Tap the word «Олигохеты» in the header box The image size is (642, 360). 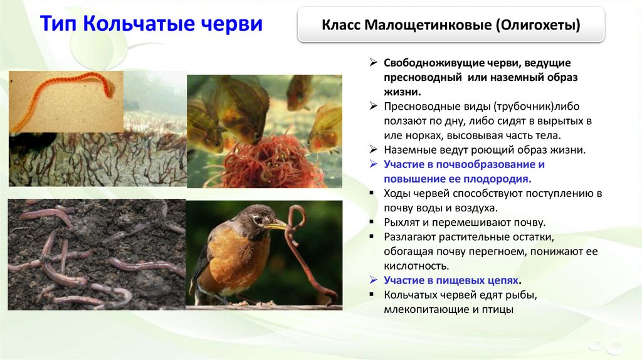click(x=538, y=25)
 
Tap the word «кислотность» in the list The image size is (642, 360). click(x=416, y=266)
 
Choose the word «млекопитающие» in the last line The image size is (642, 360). click(x=425, y=309)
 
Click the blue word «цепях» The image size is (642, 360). click(x=503, y=280)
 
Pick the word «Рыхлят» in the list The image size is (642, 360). click(x=403, y=223)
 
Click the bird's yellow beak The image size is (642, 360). click(x=277, y=225)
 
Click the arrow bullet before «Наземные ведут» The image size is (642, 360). click(x=373, y=149)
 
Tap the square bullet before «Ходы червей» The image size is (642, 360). click(x=372, y=193)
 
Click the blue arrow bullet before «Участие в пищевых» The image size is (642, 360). click(x=373, y=280)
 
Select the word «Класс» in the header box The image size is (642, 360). click(x=340, y=25)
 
